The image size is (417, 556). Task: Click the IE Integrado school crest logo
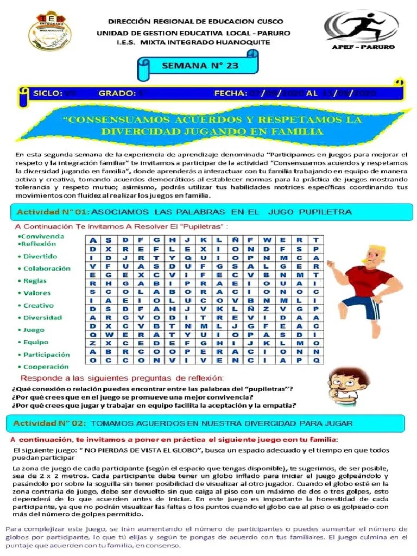[50, 30]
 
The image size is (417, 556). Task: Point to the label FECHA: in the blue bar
[231, 93]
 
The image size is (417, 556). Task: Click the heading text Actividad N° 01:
[53, 211]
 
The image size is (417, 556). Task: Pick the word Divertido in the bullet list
[40, 256]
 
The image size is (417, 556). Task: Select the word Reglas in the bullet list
[35, 281]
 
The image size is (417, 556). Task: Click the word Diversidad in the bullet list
[42, 318]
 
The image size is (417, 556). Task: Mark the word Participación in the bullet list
[46, 355]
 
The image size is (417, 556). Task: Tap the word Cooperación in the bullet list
[46, 367]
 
